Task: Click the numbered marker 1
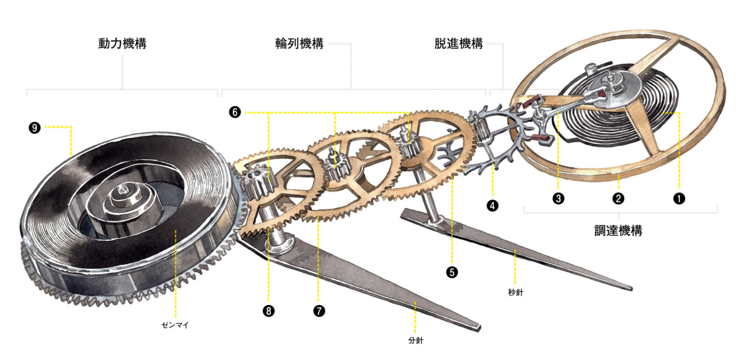679,198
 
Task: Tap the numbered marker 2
618,198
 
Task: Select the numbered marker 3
558,198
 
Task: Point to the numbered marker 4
492,205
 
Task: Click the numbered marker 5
452,272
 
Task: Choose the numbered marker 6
235,112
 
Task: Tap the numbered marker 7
319,310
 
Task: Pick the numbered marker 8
268,310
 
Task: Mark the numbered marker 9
35,127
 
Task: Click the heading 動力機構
123,44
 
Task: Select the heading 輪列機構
300,44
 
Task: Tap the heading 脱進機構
459,44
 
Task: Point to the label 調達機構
618,230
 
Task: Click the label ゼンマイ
175,325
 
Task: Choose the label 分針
416,340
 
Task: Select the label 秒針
515,292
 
